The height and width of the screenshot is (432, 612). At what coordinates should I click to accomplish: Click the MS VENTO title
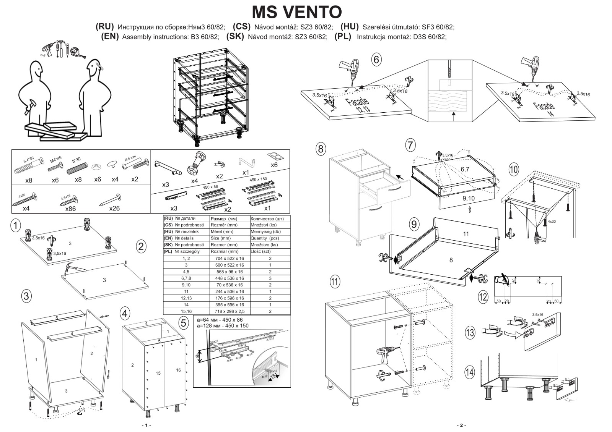click(x=297, y=12)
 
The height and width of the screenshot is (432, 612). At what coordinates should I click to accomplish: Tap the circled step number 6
click(x=376, y=60)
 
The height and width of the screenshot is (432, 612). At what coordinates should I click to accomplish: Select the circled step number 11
click(x=335, y=282)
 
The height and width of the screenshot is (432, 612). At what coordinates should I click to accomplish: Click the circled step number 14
click(x=470, y=372)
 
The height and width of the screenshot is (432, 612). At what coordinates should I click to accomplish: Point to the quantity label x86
click(x=70, y=209)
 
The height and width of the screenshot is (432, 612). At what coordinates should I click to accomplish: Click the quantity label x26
click(x=114, y=209)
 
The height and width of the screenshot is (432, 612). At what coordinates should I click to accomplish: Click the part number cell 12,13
click(x=186, y=298)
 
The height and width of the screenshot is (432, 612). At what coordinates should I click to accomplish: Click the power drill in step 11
click(x=385, y=355)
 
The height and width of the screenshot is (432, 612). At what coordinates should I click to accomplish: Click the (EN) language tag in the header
click(x=110, y=37)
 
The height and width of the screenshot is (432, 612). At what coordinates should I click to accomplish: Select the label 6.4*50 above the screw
click(x=29, y=158)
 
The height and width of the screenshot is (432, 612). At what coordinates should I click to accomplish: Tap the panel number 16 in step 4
click(x=178, y=370)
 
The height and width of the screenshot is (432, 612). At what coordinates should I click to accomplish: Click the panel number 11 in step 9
click(x=466, y=234)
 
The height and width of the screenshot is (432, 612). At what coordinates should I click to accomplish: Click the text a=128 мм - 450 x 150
click(x=222, y=326)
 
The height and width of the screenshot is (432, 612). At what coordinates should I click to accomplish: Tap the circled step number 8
click(x=321, y=149)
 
